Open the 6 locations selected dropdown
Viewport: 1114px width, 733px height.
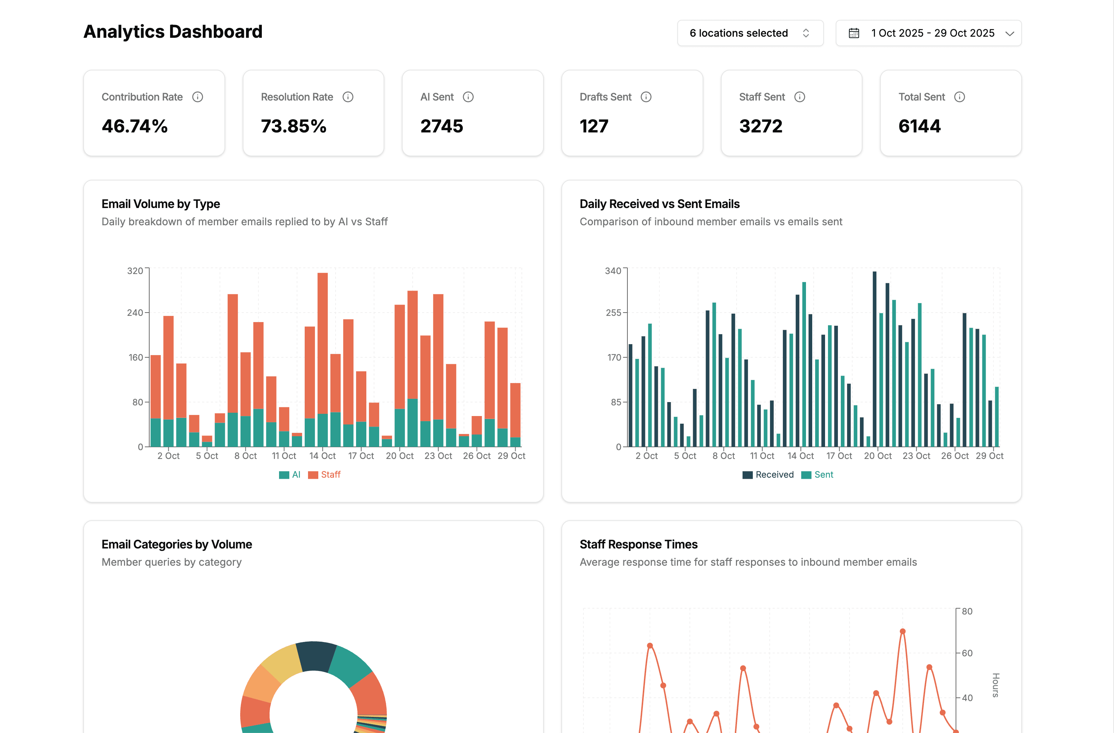[x=750, y=33]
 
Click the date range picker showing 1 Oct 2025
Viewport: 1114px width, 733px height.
[x=928, y=33]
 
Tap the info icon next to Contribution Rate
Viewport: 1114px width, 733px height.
[x=198, y=97]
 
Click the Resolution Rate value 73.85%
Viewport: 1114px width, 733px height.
[x=293, y=126]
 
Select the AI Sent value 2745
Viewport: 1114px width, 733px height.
[x=441, y=126]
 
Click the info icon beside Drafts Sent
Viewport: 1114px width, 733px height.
[x=646, y=97]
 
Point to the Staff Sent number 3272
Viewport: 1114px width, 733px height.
[x=761, y=126]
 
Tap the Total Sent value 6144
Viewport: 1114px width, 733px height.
[x=919, y=126]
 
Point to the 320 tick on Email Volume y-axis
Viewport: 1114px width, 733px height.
[x=135, y=271]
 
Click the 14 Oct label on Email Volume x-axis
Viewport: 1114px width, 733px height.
[x=322, y=456]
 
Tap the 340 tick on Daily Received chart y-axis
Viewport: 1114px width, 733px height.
[x=613, y=271]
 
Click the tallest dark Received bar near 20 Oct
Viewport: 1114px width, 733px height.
[x=874, y=358]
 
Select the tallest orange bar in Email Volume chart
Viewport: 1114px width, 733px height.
[x=322, y=342]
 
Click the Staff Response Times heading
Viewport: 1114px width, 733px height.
[x=638, y=544]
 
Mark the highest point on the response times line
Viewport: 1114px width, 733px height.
[x=902, y=631]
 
